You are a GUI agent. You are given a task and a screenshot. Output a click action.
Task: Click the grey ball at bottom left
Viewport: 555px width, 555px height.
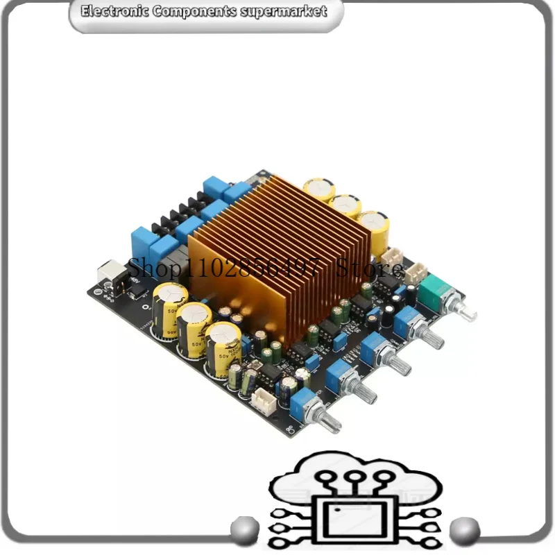click(x=244, y=528)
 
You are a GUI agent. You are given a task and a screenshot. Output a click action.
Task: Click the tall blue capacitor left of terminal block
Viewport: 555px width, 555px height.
click(x=141, y=243)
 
